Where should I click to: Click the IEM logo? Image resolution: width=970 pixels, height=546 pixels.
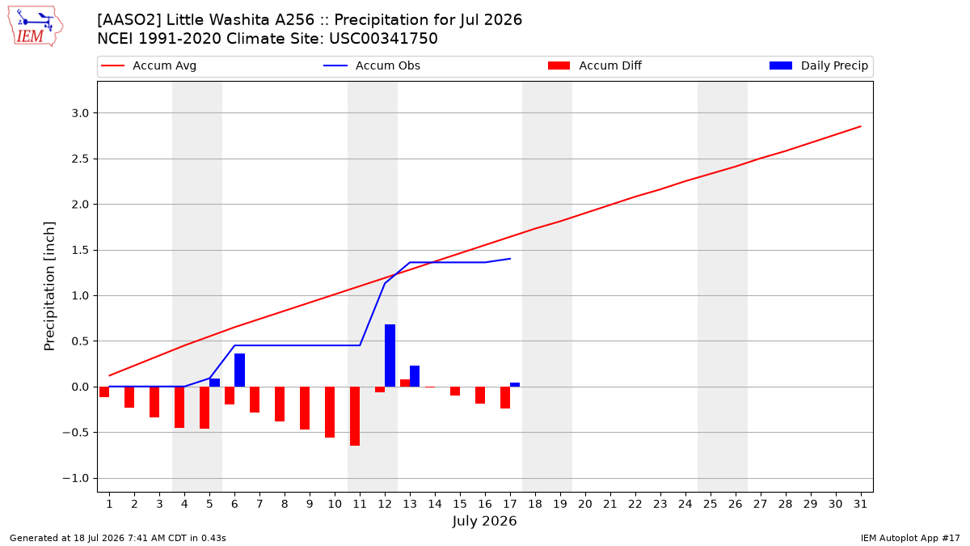tap(35, 27)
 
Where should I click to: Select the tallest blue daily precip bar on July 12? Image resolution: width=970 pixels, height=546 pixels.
tap(390, 355)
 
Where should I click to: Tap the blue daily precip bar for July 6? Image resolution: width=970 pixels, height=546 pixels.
tap(239, 370)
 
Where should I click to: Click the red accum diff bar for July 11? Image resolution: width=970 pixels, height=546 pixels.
tap(355, 416)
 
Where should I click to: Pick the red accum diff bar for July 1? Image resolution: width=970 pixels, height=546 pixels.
tap(104, 392)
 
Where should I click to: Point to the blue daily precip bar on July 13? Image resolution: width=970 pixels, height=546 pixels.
tap(415, 376)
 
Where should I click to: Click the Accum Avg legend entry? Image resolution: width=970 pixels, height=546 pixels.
tap(149, 66)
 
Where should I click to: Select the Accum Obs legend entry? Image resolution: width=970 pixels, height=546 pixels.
tap(372, 66)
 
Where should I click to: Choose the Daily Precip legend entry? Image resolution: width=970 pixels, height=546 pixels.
tap(818, 66)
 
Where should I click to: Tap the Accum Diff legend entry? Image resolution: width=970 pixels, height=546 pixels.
tap(595, 66)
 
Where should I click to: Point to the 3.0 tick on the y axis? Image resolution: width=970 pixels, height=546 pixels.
tap(80, 113)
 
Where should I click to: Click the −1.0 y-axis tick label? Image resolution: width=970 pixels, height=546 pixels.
tap(75, 478)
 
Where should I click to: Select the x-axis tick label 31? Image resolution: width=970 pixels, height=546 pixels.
tap(860, 504)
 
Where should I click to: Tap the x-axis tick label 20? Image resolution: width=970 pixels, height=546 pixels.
tap(585, 504)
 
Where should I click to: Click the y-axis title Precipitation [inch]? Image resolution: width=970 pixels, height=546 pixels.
tap(50, 286)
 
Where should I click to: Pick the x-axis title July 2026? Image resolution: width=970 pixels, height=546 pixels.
tap(484, 521)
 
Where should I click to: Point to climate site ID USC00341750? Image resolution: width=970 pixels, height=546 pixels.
tap(383, 39)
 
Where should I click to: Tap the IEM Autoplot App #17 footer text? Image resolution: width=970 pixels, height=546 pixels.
tap(910, 538)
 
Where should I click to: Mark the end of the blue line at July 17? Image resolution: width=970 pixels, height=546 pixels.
tap(511, 259)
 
